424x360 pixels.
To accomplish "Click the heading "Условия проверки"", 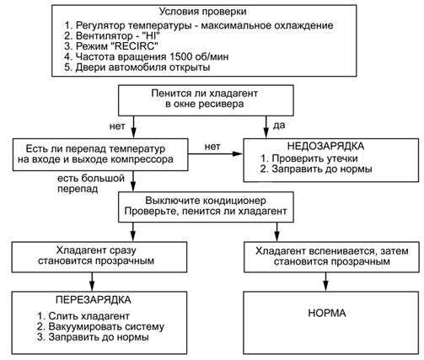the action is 203,12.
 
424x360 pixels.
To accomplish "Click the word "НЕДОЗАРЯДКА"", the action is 325,147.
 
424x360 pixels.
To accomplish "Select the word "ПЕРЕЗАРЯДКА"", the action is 94,300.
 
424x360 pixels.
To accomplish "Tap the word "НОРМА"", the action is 327,313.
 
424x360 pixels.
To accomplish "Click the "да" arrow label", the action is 279,126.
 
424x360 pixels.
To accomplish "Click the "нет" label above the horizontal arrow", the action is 212,147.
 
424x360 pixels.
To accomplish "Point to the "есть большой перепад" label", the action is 91,184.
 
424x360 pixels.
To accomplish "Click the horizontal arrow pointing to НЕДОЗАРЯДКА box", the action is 215,153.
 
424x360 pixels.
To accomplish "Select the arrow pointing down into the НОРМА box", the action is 325,282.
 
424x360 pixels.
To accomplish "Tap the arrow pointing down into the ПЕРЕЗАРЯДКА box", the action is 92,282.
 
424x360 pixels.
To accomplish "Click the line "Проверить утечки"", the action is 309,159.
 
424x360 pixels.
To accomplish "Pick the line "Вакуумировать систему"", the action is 100,326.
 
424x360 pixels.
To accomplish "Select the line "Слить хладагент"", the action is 83,316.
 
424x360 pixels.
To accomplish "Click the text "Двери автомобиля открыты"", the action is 137,67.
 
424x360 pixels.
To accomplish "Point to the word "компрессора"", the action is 142,159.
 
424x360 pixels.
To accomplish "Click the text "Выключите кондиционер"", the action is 206,201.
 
